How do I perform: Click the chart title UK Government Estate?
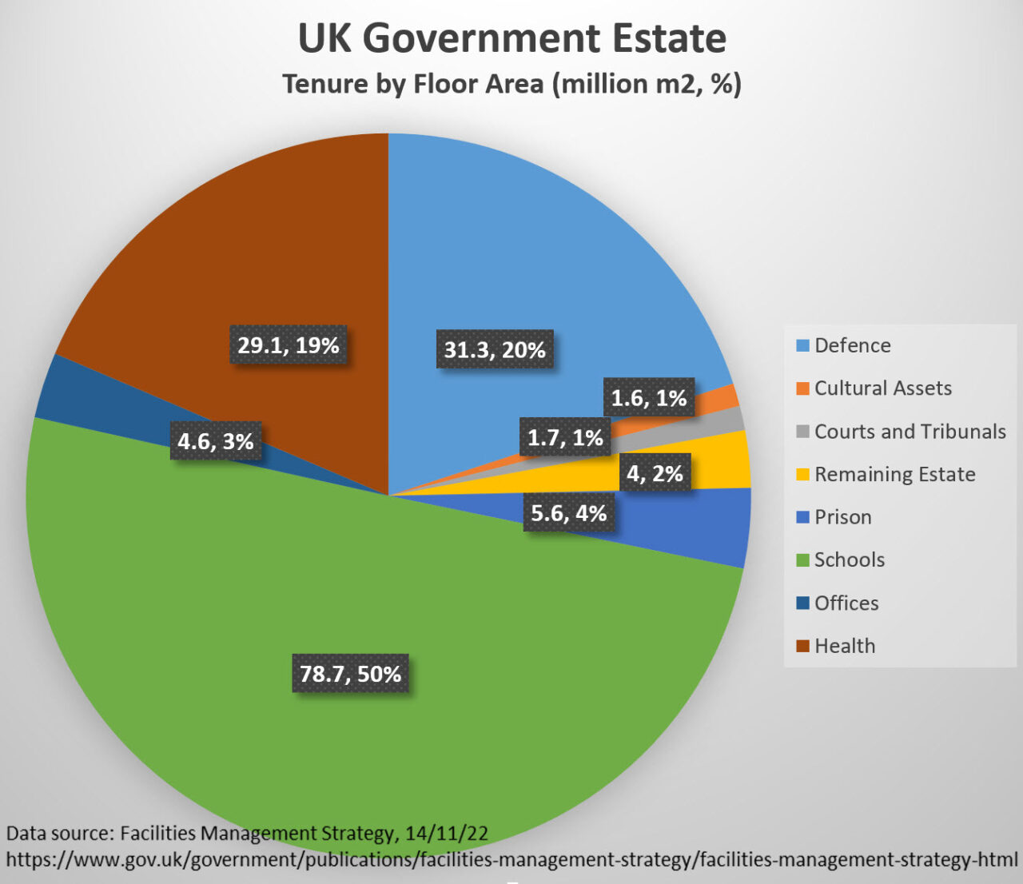coord(511,38)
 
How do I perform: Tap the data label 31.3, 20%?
coord(495,349)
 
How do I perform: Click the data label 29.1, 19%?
coord(289,345)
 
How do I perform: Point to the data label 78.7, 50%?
coord(350,674)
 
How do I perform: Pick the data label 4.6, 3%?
coord(216,441)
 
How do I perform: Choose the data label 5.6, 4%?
coord(568,513)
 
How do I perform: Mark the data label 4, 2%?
coord(655,473)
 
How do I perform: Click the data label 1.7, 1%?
coord(565,437)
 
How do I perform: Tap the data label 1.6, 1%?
coord(648,398)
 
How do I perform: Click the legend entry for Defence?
coord(852,345)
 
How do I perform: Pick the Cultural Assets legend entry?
coord(882,388)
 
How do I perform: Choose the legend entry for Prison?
coord(842,517)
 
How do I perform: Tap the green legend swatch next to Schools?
coord(803,560)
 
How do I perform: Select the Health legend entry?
coord(844,646)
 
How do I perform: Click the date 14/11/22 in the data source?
coord(446,833)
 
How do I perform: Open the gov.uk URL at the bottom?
coord(511,860)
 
